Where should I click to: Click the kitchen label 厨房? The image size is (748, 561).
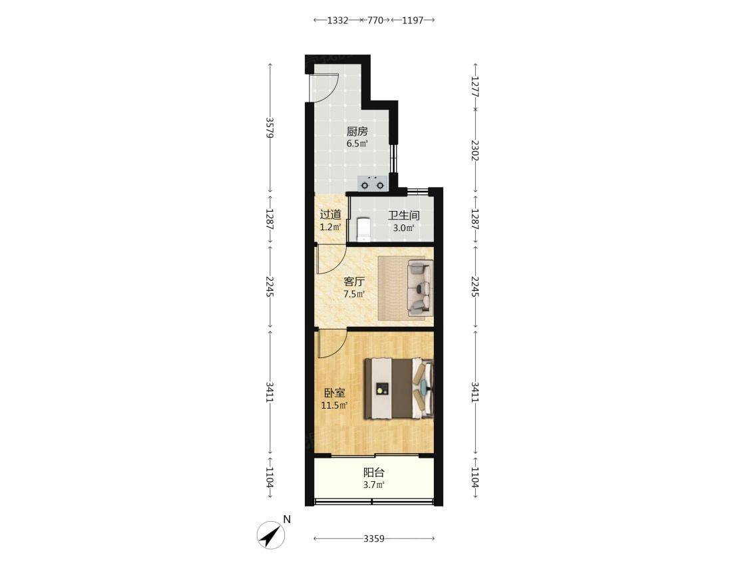click(357, 131)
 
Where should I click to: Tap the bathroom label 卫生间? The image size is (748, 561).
click(403, 216)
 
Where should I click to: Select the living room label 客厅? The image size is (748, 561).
click(354, 281)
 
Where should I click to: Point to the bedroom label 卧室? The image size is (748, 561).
click(335, 393)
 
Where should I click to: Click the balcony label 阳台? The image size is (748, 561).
click(373, 472)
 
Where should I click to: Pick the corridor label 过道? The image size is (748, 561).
click(331, 215)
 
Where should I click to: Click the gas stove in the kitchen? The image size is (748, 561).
click(372, 183)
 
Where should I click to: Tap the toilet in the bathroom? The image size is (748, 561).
click(363, 230)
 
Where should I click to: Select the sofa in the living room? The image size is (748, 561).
click(420, 289)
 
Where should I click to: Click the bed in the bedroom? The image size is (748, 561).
click(399, 389)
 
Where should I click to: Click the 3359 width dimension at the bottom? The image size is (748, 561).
click(373, 538)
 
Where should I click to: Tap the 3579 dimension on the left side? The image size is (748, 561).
click(270, 128)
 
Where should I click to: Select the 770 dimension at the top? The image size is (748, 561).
click(375, 20)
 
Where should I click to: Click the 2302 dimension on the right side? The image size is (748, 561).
click(474, 150)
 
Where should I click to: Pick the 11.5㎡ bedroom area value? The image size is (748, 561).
click(335, 405)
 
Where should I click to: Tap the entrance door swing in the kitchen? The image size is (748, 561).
click(324, 89)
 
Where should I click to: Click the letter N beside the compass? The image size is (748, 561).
click(287, 520)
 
